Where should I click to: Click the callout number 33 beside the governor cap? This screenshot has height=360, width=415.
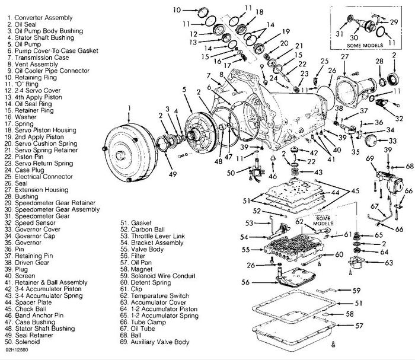point(392,141)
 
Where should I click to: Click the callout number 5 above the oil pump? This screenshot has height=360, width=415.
point(186,89)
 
